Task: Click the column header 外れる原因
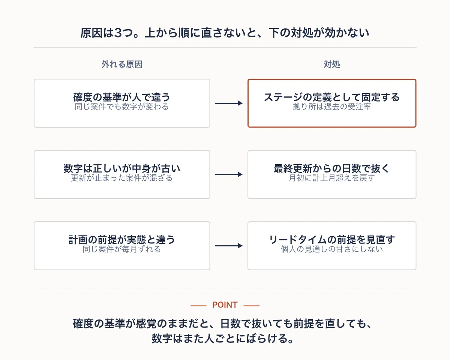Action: coord(122,64)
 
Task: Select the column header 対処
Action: coord(332,64)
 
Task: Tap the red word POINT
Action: coord(225,305)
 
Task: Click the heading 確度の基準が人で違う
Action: coord(122,97)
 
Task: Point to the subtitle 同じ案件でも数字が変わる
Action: coord(122,106)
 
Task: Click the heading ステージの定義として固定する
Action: coord(332,97)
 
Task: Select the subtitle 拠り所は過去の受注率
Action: coord(332,106)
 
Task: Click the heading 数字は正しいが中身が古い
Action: coord(122,168)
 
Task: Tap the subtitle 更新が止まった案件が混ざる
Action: coord(122,178)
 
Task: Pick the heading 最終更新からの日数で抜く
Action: coord(332,168)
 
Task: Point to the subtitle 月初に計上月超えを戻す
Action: coord(332,178)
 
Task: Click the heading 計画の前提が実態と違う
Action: coord(122,240)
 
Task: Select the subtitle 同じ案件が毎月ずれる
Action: coord(122,249)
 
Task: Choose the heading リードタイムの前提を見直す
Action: coord(332,240)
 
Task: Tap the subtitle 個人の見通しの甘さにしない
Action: coord(332,249)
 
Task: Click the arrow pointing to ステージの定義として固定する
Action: coord(229,103)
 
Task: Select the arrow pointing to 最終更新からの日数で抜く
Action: coord(229,174)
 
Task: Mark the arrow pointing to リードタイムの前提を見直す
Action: coord(229,246)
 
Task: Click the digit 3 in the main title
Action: coord(118,33)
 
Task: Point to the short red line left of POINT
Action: coord(198,306)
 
